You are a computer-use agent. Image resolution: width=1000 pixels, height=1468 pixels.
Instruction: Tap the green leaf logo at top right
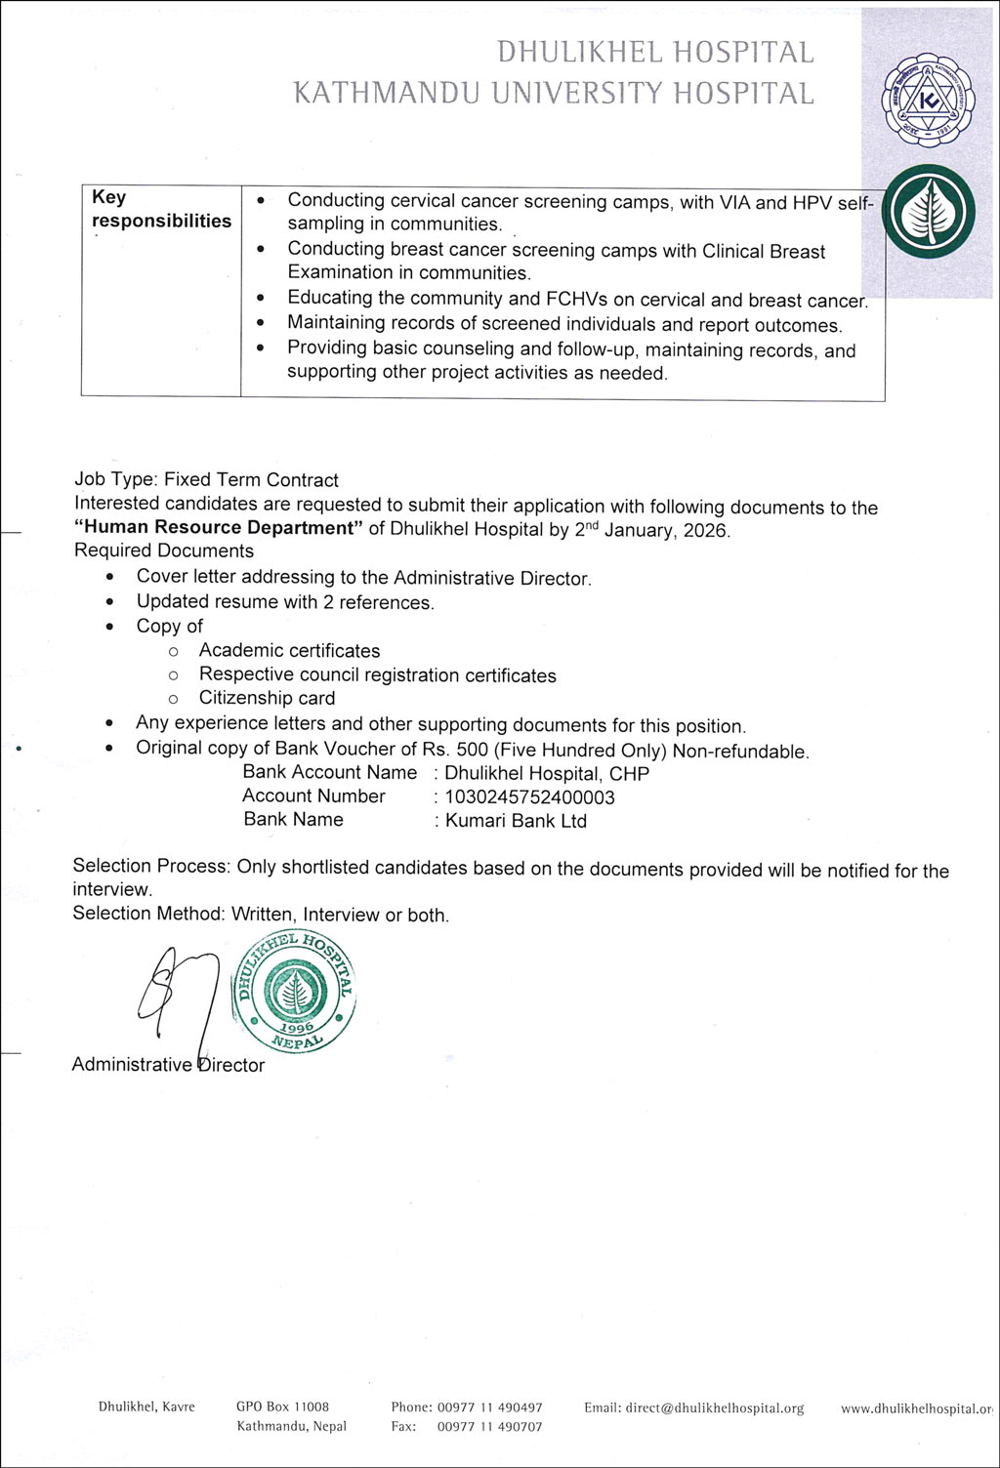(x=928, y=213)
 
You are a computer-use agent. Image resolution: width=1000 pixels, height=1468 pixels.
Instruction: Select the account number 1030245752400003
(x=530, y=797)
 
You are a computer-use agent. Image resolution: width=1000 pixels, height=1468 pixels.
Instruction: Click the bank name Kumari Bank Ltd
(x=516, y=821)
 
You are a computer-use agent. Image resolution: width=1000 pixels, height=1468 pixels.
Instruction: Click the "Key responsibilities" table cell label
(x=161, y=209)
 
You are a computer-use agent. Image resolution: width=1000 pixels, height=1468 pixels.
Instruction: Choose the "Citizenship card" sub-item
(x=267, y=698)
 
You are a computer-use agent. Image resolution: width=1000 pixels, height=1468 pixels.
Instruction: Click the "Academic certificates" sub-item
(x=289, y=651)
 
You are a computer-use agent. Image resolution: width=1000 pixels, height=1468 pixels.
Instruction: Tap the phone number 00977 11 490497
(x=489, y=1407)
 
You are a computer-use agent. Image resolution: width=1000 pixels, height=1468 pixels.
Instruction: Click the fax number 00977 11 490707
(x=489, y=1427)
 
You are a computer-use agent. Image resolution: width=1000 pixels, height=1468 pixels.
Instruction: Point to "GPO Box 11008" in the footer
(x=282, y=1407)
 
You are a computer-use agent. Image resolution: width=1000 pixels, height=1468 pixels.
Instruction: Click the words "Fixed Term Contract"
(x=251, y=480)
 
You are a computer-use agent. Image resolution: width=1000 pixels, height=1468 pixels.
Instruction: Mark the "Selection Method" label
(x=148, y=914)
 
